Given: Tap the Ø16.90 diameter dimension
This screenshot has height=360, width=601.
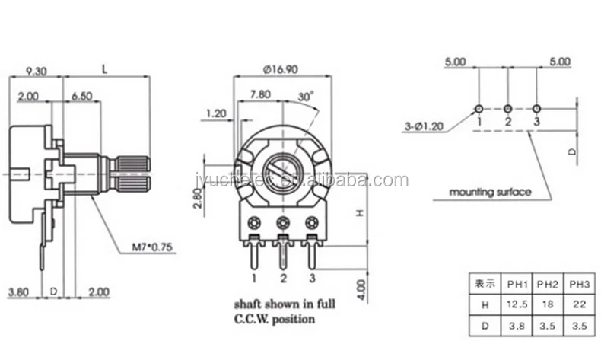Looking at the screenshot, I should coord(279,69).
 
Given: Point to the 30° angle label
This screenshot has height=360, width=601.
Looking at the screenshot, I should coord(305,97).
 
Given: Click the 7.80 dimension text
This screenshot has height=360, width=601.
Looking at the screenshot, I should coord(260,95).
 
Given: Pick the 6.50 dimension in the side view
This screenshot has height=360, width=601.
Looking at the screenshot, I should coord(82,96).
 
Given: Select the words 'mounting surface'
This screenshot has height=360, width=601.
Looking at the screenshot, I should coord(490,191).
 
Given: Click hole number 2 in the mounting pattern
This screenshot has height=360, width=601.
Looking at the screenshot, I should coord(508,108).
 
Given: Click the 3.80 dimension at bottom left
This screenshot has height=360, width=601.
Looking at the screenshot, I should coord(19,292).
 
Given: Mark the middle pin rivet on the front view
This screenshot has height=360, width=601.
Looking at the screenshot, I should coord(283,222).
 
